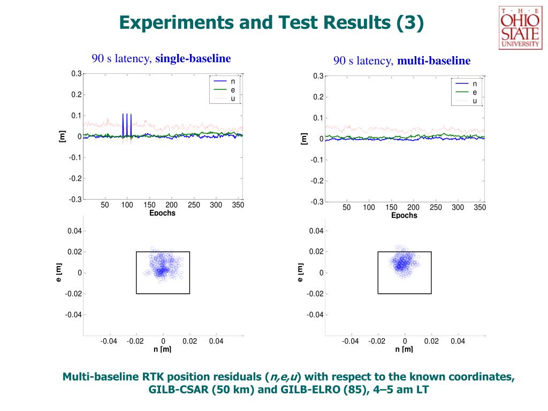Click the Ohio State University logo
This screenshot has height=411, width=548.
519,28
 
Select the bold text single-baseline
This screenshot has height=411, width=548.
193,58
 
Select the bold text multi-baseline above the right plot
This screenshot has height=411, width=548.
433,61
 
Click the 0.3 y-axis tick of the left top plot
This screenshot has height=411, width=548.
77,74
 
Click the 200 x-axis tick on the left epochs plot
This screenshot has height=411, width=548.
171,205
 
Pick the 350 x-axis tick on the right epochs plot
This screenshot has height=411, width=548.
479,208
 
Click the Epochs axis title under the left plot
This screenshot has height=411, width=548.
162,213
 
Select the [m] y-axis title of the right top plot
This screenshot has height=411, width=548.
305,139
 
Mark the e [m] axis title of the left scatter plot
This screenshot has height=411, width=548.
59,272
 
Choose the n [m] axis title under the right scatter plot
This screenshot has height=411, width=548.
404,349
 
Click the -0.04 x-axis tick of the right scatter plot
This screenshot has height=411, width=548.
351,341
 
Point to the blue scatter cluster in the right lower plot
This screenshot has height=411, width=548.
404,262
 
